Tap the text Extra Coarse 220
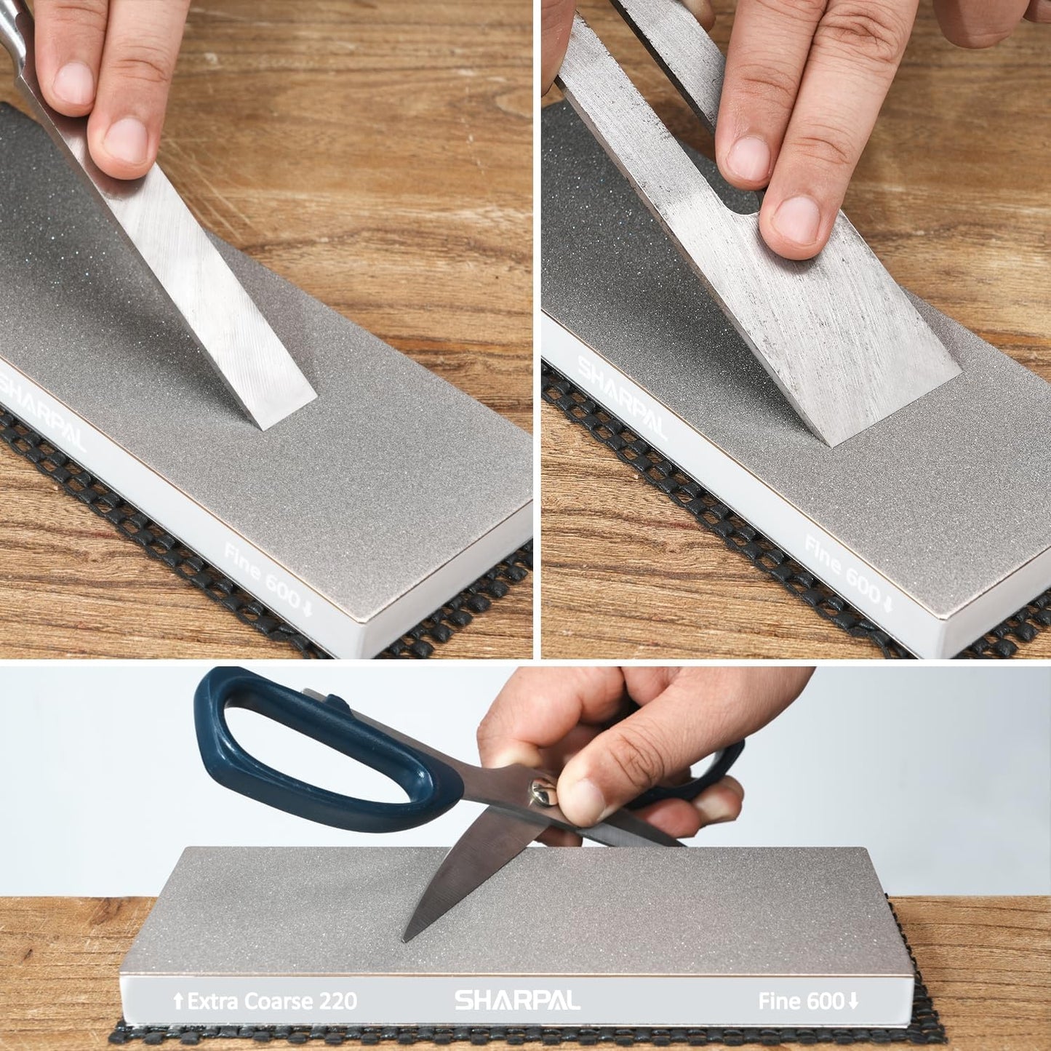click(272, 1001)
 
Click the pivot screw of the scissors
click(542, 789)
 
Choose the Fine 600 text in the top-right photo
click(845, 568)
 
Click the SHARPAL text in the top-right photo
click(623, 397)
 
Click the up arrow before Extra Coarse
click(178, 1002)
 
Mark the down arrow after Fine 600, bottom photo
click(852, 1001)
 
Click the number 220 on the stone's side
click(337, 1001)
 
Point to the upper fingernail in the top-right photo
click(749, 157)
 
